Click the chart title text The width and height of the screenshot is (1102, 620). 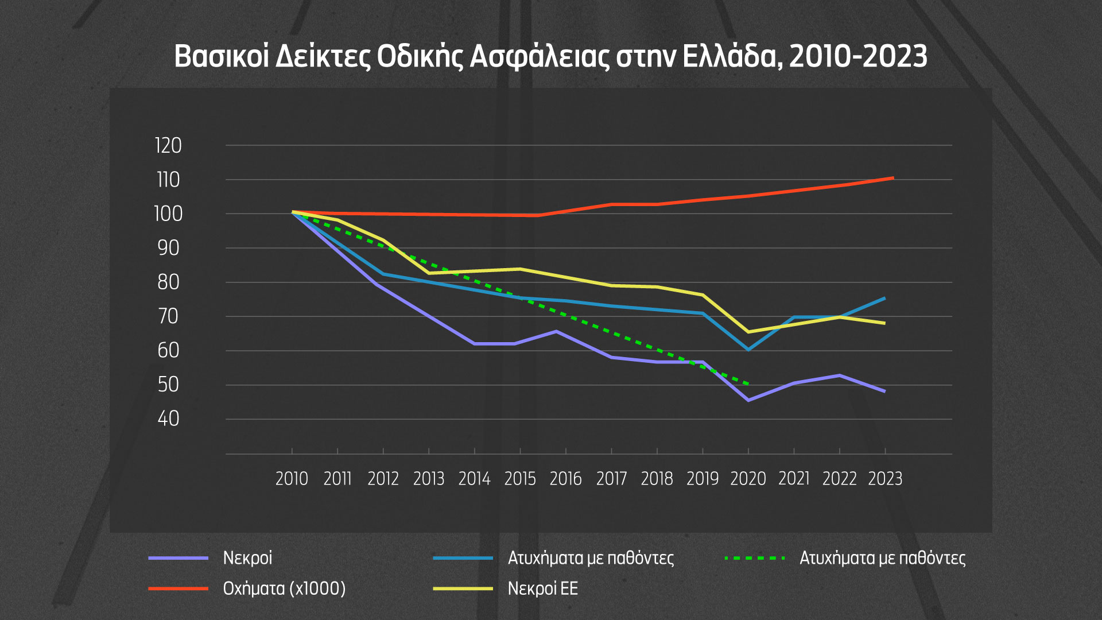tap(550, 57)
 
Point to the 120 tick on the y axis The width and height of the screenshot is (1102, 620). tap(168, 146)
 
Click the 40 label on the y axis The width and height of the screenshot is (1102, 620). tap(168, 419)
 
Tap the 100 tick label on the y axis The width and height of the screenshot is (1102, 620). tap(168, 214)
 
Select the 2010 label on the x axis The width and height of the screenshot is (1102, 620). tap(292, 479)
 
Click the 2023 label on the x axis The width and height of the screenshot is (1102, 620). tap(885, 479)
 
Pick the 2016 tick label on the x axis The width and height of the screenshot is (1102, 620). tap(565, 479)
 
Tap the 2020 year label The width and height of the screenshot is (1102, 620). tap(748, 479)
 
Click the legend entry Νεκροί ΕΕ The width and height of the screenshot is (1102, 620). tap(542, 588)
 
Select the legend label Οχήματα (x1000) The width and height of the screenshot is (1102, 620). tap(284, 588)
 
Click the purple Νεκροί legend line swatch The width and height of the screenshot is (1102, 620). tap(178, 558)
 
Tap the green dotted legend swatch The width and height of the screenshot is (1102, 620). tap(755, 558)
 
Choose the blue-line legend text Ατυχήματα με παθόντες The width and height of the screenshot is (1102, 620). tap(591, 558)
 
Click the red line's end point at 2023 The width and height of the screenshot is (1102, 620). tap(893, 179)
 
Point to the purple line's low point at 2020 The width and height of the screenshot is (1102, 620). tap(748, 400)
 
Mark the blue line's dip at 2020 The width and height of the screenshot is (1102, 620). tap(748, 350)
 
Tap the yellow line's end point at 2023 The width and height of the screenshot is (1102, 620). tap(884, 323)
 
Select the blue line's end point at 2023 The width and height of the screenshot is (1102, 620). tap(884, 298)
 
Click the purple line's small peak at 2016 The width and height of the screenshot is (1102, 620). tap(556, 331)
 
